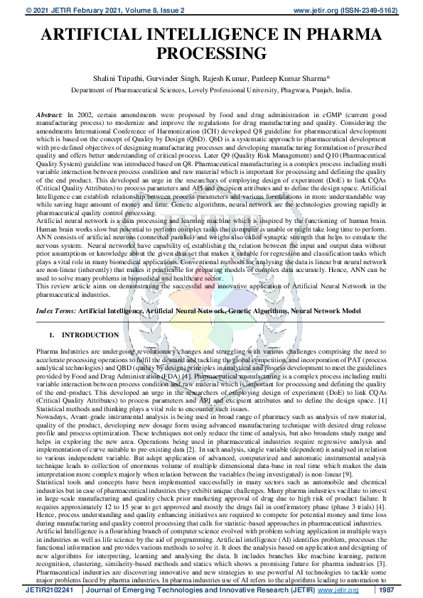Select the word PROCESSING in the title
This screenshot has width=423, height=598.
[x=211, y=53]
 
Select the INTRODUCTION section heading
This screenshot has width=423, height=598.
[x=90, y=335]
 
